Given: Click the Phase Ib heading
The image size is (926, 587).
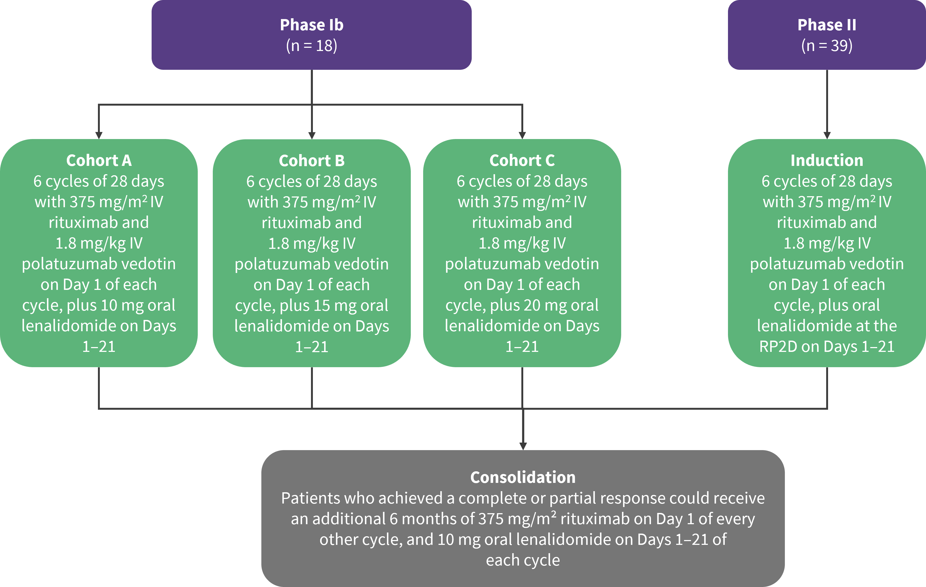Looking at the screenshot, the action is click(x=312, y=25).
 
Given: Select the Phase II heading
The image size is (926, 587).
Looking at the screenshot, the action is click(x=827, y=25).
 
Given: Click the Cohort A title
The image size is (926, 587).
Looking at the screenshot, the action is click(x=99, y=161).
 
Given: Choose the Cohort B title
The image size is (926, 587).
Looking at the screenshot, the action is click(x=312, y=161).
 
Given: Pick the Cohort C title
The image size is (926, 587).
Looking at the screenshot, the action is click(x=522, y=161).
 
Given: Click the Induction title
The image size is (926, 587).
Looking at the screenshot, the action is click(x=827, y=161).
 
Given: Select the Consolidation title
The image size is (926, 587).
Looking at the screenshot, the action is click(x=523, y=477).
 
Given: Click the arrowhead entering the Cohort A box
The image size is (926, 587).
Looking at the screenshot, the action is click(x=99, y=135).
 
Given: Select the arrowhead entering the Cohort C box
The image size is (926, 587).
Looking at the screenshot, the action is click(x=522, y=135).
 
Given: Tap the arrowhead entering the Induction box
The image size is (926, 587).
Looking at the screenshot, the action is click(x=827, y=135).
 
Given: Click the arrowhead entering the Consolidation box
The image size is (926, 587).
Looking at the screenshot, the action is click(x=523, y=446).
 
